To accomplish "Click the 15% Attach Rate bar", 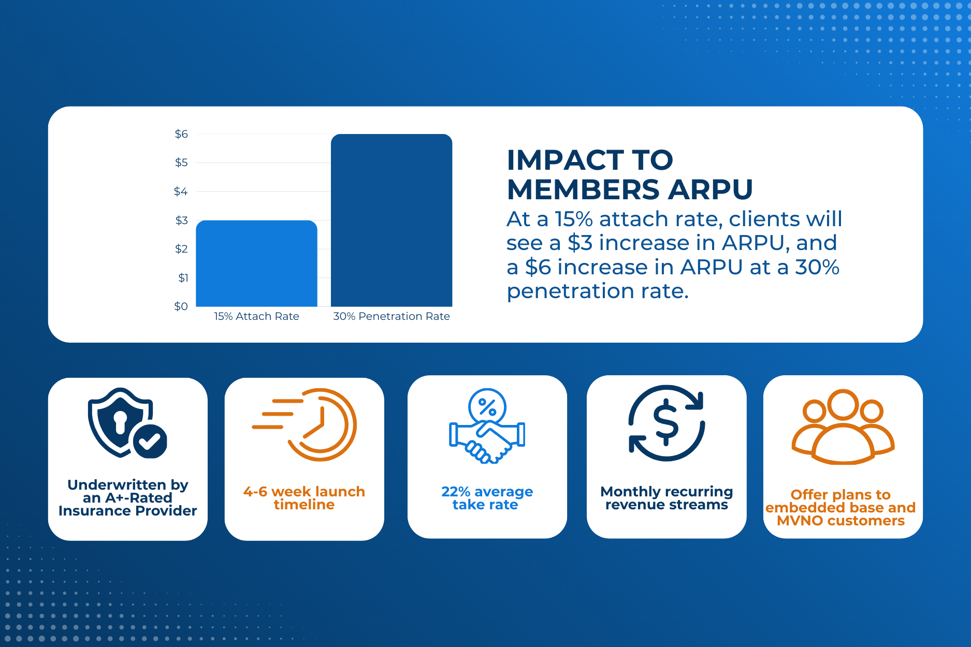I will [256, 264].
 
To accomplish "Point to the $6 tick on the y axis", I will [181, 134].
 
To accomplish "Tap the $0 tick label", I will [181, 306].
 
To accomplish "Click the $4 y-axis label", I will [181, 192].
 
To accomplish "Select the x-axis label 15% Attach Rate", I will [256, 316].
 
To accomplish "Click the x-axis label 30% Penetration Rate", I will [392, 316].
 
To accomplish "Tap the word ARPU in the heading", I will [710, 189].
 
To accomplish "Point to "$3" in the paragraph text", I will [579, 243].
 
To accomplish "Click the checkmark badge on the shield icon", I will [150, 441].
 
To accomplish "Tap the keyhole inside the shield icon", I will [120, 422].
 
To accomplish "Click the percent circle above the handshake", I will [487, 407].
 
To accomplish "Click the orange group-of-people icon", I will [843, 427].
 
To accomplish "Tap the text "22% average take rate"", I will [487, 498].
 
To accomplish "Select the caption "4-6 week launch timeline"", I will [304, 498].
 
